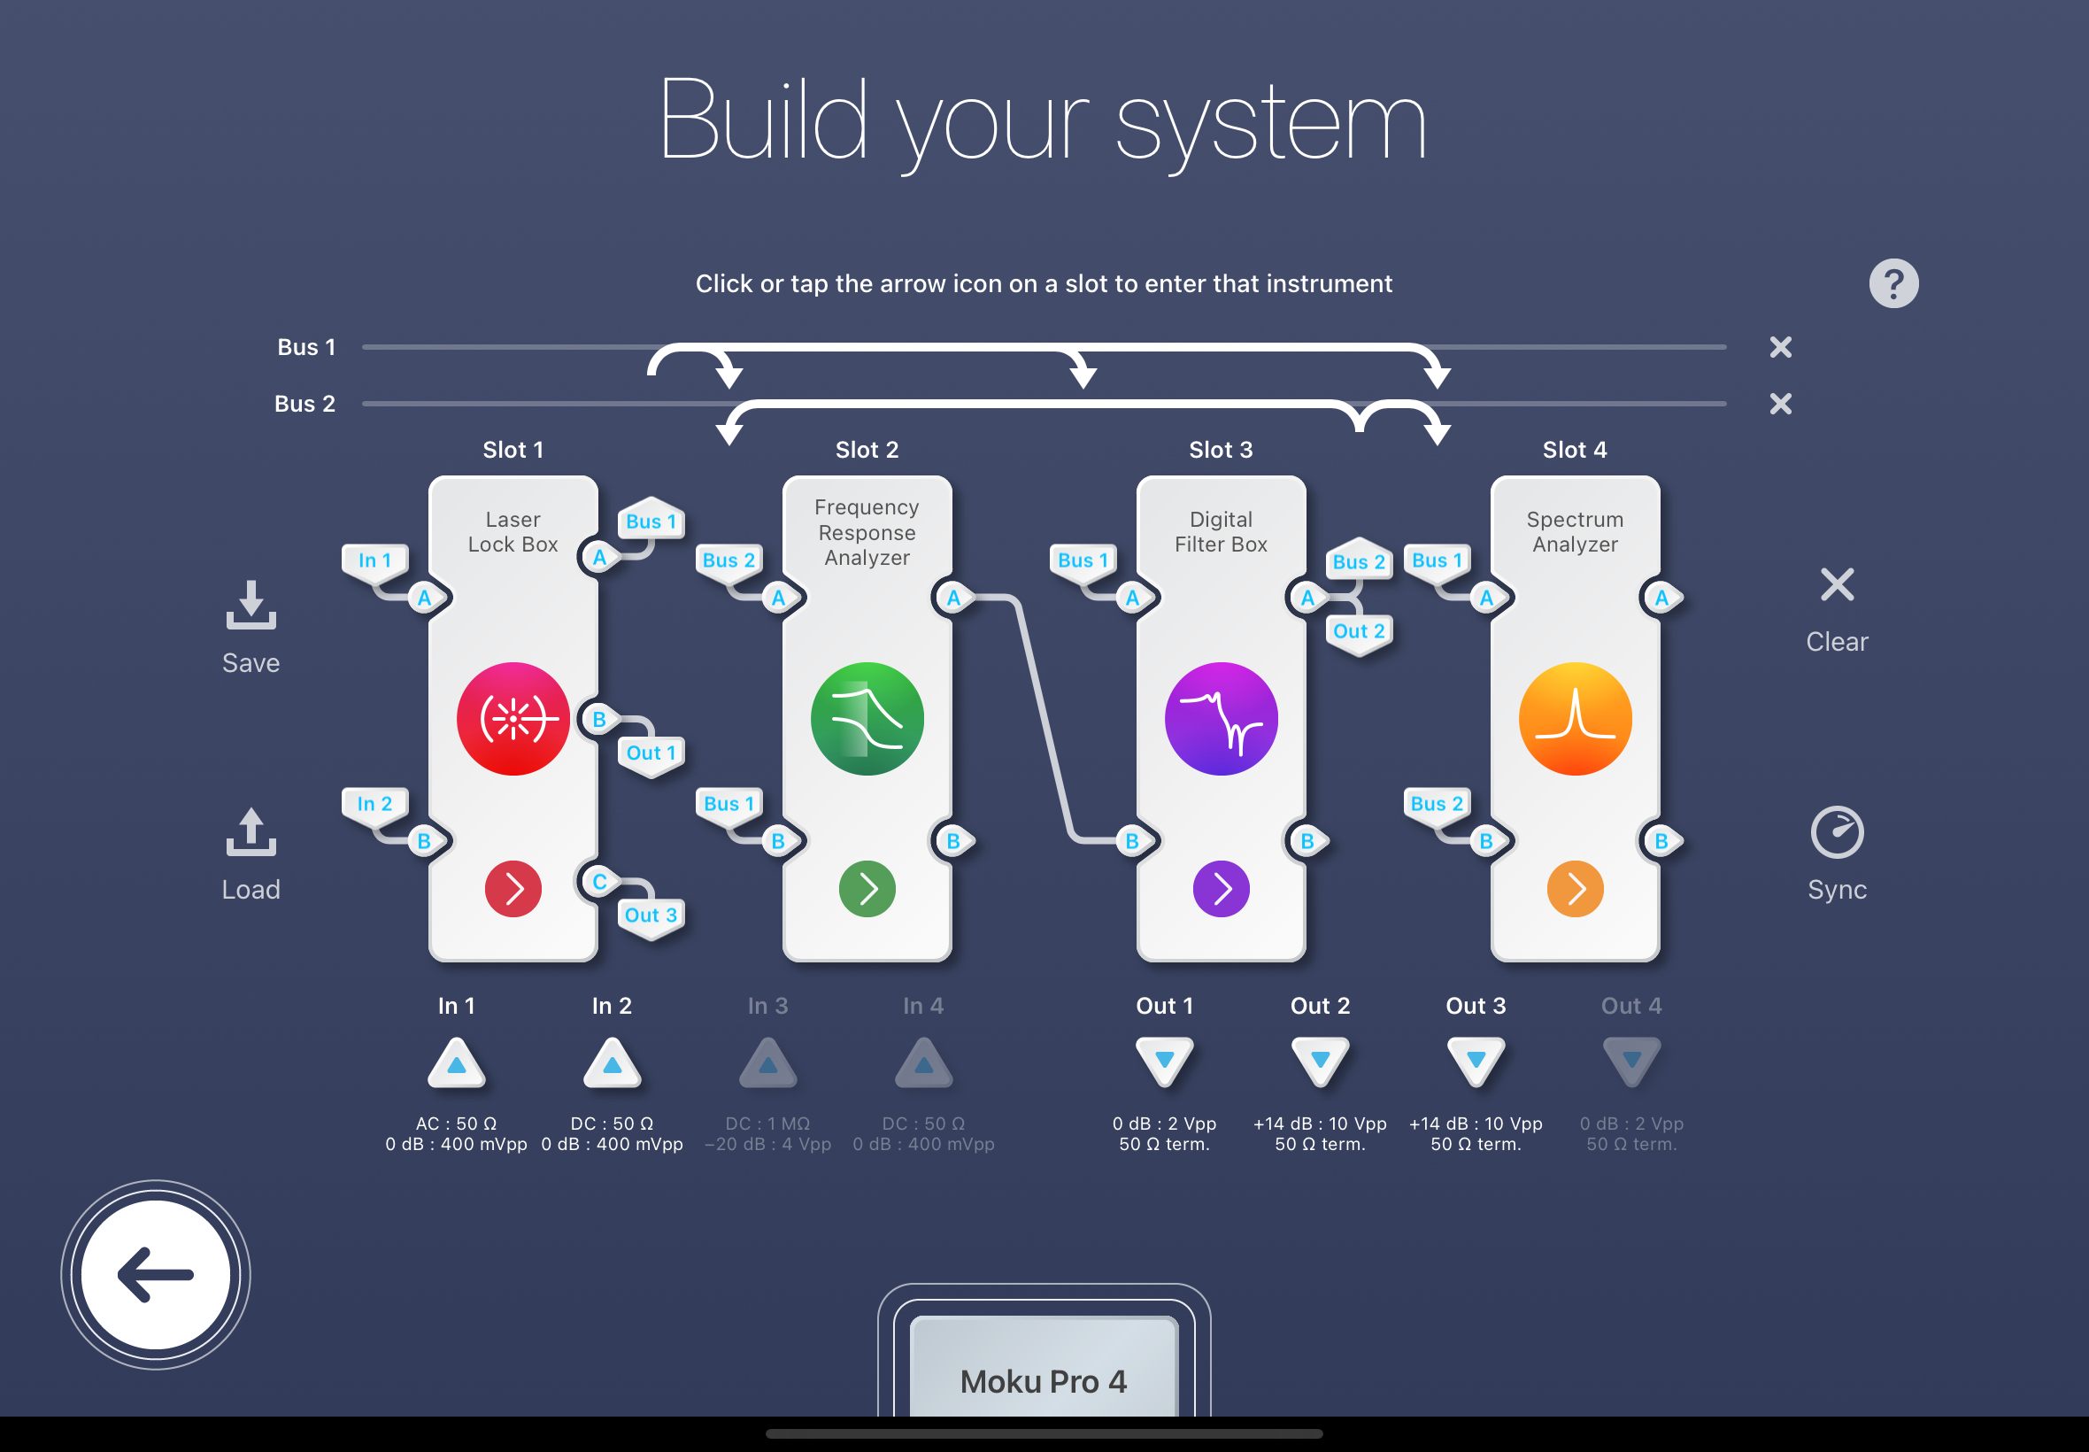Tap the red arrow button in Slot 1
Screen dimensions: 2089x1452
coord(513,888)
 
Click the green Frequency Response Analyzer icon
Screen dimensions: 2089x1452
coord(867,719)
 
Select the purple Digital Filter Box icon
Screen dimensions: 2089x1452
coord(1221,719)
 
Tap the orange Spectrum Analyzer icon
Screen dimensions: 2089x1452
coord(1576,719)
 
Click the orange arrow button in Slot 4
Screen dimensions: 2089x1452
coord(1576,888)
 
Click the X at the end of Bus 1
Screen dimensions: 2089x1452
coord(1781,347)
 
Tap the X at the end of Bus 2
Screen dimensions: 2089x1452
coord(1781,403)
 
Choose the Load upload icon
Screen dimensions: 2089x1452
coord(251,831)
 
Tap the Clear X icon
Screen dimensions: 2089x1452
coord(1837,584)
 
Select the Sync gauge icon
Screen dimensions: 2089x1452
coord(1837,831)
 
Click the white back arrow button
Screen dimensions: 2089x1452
coord(156,1275)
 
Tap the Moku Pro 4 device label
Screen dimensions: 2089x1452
coord(1043,1381)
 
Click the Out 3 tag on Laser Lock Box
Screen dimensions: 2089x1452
coord(651,915)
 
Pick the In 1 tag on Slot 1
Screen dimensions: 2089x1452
coord(374,560)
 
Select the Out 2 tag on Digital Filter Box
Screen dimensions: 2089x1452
coord(1359,631)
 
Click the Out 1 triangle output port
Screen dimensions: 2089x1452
coord(1164,1061)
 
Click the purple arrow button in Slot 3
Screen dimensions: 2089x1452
coord(1221,888)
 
